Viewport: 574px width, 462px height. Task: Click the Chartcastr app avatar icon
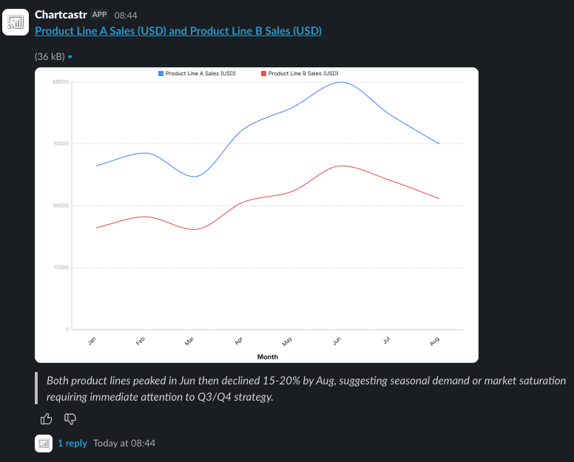point(16,22)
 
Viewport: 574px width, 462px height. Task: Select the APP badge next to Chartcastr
point(100,15)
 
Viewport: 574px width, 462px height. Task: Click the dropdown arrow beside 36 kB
point(70,57)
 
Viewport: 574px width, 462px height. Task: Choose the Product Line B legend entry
point(300,74)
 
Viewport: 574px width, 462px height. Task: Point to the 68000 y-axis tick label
point(61,81)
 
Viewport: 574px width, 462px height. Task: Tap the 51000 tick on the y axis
point(61,143)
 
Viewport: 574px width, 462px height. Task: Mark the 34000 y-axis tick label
point(61,205)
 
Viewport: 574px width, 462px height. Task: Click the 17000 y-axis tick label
point(61,268)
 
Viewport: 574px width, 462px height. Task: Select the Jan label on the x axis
point(92,341)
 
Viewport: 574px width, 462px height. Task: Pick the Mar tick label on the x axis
point(189,341)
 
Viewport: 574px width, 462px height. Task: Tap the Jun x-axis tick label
point(337,341)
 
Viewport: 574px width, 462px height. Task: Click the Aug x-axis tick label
point(435,341)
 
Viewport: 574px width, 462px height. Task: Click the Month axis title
point(267,357)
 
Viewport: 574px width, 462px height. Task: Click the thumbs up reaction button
point(47,419)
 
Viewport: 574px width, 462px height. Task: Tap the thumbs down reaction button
point(71,419)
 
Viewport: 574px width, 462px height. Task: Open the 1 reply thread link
point(72,443)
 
